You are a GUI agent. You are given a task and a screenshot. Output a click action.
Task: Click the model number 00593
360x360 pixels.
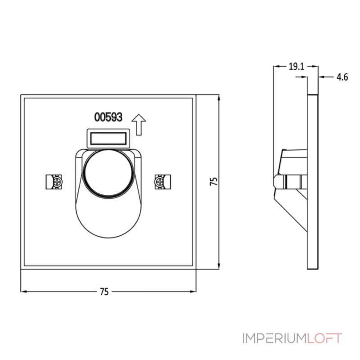[x=108, y=117]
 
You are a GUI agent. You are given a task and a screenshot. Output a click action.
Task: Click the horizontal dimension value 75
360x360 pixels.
[x=104, y=292]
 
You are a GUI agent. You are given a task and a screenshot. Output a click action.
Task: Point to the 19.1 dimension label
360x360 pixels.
[x=296, y=67]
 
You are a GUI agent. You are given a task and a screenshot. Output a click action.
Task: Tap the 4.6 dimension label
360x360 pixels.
[x=342, y=77]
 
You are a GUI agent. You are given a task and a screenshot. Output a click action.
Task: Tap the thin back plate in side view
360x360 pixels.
[x=313, y=180]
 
